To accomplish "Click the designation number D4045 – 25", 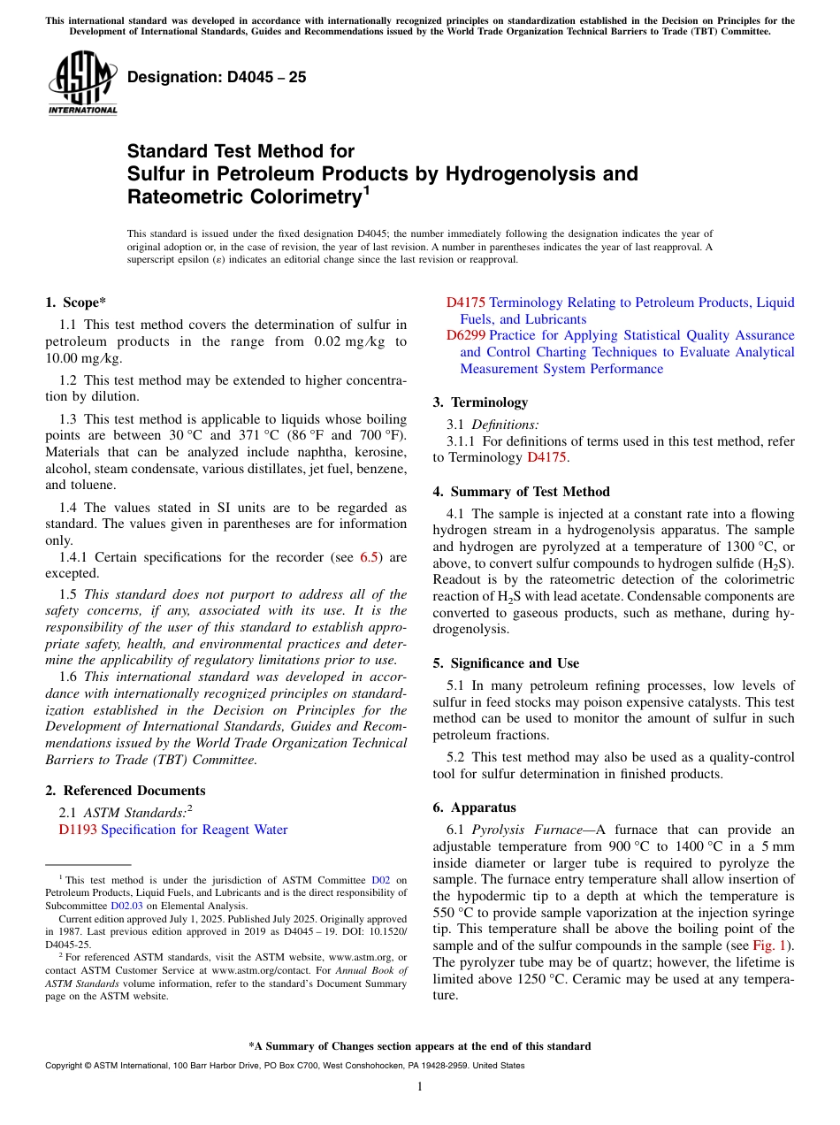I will [217, 77].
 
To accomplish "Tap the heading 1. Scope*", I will [75, 302].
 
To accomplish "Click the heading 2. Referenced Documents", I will [125, 791].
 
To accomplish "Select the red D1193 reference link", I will [78, 830].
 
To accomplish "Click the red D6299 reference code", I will [465, 335].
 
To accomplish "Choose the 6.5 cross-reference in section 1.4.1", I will [369, 557].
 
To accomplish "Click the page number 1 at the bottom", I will [420, 1086].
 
